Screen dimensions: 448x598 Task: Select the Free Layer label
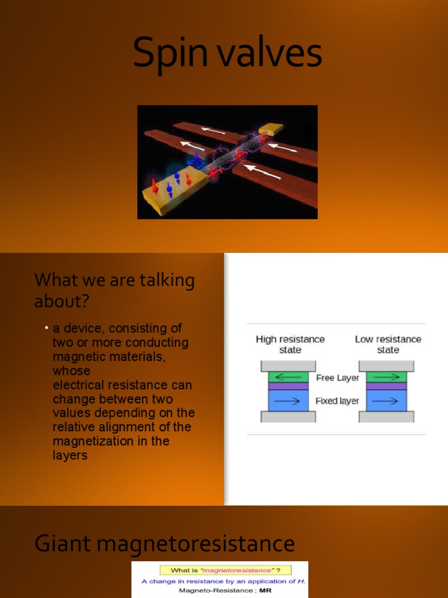338,378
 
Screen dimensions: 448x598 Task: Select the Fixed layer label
337,401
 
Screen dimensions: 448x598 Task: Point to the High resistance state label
290,345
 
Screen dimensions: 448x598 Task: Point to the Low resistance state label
388,345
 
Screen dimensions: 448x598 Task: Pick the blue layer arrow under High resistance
288,401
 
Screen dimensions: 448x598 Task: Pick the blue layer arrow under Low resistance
385,401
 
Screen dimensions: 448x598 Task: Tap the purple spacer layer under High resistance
288,386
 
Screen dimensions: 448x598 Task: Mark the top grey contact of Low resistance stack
386,366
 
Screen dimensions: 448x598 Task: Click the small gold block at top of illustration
271,128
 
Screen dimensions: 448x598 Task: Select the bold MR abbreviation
265,591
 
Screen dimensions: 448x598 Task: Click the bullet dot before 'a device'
47,328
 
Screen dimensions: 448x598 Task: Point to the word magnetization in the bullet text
91,441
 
